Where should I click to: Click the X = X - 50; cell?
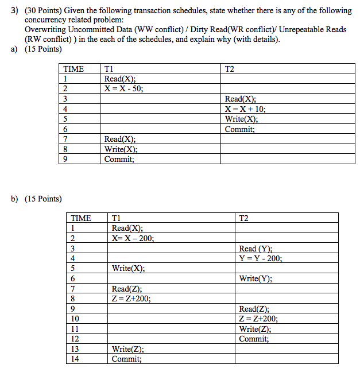(x=124, y=88)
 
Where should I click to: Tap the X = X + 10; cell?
(x=245, y=109)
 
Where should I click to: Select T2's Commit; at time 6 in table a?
(x=240, y=129)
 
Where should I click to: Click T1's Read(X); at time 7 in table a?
(x=120, y=139)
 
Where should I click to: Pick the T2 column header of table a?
(x=230, y=68)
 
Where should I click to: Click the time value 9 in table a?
(x=66, y=160)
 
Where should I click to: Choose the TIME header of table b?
(x=81, y=218)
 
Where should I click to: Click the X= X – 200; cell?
(x=133, y=238)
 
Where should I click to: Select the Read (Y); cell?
(x=256, y=249)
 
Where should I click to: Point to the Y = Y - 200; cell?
(x=261, y=258)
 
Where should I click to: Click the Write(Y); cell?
(x=256, y=278)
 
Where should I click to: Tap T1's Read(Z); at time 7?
(x=127, y=289)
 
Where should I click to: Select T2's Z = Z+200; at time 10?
(x=258, y=319)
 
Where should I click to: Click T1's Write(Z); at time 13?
(x=128, y=349)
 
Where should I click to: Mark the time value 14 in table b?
(x=75, y=359)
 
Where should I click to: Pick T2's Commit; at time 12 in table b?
(x=254, y=339)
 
